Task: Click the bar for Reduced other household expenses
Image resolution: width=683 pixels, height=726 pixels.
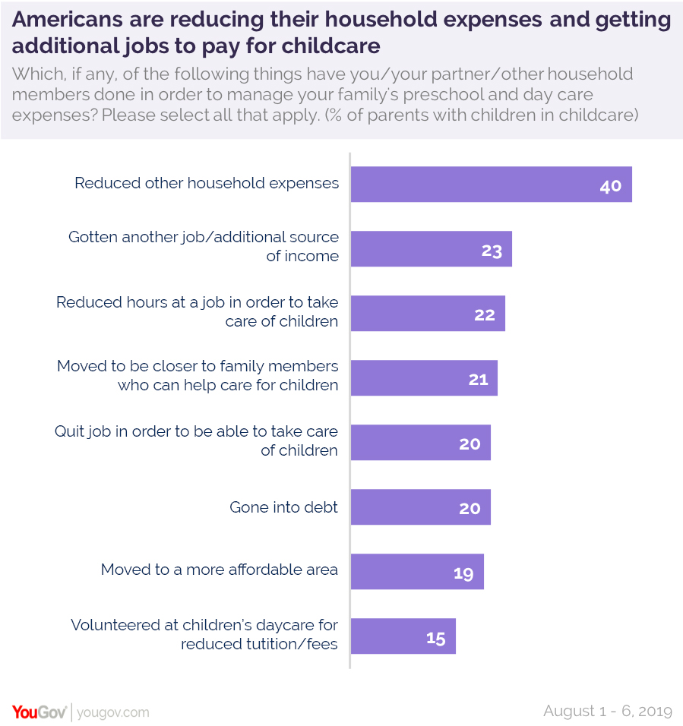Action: pos(491,185)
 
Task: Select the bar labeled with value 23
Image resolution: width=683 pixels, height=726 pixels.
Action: pos(431,249)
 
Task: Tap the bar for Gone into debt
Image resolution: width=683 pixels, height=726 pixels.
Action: pos(420,507)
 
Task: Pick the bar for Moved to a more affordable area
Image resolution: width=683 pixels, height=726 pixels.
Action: pos(417,572)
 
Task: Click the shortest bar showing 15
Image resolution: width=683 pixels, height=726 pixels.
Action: pos(403,636)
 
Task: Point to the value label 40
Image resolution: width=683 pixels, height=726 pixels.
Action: pos(610,186)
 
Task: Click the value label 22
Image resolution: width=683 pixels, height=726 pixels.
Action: pos(485,315)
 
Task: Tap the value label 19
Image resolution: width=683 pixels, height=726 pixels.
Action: pos(463,573)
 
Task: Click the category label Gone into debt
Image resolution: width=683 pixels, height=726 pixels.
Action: pos(283,507)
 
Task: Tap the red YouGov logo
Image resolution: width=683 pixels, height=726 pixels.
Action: pos(39,712)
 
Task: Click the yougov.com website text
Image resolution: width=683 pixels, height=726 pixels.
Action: pos(113,713)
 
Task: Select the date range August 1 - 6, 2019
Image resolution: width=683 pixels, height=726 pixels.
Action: pos(608,712)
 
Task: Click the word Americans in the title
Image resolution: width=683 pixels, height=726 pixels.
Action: pos(65,21)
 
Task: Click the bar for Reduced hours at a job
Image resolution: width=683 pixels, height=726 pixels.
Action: pos(428,314)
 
